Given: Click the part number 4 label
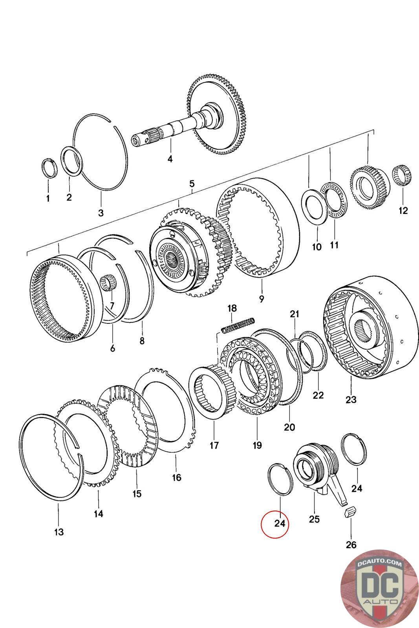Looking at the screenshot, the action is tap(170, 159).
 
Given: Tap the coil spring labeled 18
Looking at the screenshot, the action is tap(238, 325).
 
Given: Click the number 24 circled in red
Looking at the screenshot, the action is tap(280, 523).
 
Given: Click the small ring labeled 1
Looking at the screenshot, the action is tap(49, 168).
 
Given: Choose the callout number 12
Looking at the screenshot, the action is tap(403, 210).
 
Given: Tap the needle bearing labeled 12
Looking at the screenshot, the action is tap(403, 175).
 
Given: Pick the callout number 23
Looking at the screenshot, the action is tap(351, 399).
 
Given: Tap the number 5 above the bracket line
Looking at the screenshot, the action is tap(192, 184).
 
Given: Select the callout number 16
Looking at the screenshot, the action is tap(176, 477).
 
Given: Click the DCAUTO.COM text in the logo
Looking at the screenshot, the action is tap(379, 564).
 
